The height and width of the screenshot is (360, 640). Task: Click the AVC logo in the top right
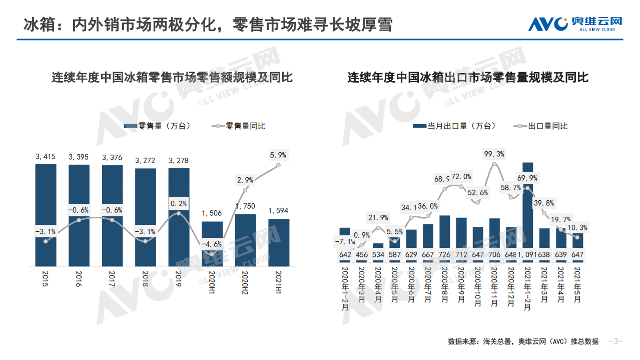pyautogui.click(x=575, y=24)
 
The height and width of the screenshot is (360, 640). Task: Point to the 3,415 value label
pyautogui.click(x=46, y=157)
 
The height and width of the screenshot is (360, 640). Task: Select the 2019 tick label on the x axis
pyautogui.click(x=179, y=279)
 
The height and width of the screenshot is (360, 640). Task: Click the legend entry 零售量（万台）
pyautogui.click(x=157, y=126)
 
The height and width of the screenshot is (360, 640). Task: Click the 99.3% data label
pyautogui.click(x=494, y=154)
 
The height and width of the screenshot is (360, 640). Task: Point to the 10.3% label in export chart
pyautogui.click(x=578, y=227)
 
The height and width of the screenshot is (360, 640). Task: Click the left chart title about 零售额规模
pyautogui.click(x=172, y=78)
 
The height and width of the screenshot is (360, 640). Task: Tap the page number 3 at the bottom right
pyautogui.click(x=615, y=341)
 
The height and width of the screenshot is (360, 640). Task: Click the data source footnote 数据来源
pyautogui.click(x=523, y=341)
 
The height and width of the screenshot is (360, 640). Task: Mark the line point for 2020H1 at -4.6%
pyautogui.click(x=212, y=254)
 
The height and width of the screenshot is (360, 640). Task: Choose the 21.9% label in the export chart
pyautogui.click(x=378, y=217)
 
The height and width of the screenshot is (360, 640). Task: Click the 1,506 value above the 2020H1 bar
pyautogui.click(x=212, y=214)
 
